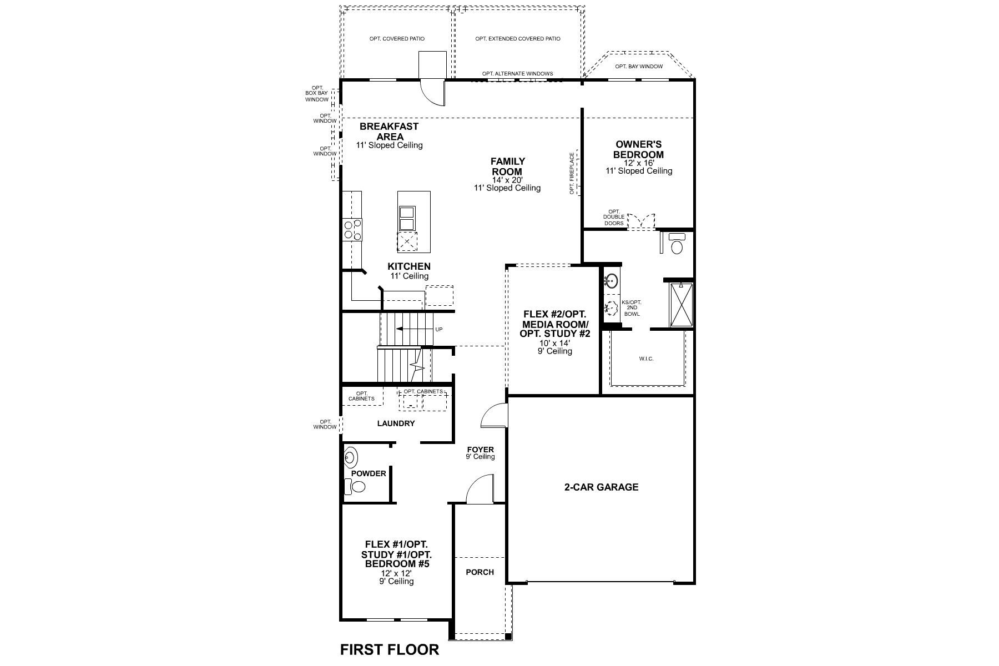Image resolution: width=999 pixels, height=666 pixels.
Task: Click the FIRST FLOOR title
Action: [389, 649]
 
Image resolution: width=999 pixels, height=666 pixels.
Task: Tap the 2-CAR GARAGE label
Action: [602, 487]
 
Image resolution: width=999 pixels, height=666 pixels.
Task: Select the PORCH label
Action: [480, 572]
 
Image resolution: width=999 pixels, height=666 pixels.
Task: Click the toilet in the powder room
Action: [356, 487]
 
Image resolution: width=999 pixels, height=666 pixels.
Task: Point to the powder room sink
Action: [351, 457]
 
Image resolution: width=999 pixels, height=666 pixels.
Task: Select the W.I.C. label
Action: [646, 359]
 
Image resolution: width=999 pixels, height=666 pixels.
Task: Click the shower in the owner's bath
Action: [681, 305]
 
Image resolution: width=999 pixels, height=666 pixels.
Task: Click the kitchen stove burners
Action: [352, 229]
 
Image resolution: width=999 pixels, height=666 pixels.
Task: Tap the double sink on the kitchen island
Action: [407, 218]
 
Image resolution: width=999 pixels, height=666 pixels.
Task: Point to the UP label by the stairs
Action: [439, 330]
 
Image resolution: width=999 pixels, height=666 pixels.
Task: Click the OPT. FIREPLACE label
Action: [572, 174]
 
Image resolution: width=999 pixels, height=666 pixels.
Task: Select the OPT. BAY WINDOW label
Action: [639, 67]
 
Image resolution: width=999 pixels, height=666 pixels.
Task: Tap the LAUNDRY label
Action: [396, 423]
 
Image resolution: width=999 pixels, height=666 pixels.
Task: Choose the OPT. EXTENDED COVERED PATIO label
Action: [518, 39]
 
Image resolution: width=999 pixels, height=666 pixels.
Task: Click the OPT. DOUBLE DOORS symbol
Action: [641, 220]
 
